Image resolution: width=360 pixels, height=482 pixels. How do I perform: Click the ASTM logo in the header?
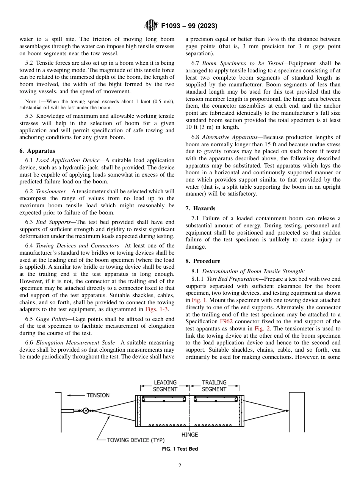(151, 26)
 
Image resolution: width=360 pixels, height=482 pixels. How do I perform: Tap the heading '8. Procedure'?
(203, 261)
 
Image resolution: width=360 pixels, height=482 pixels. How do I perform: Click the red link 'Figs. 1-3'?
(157, 309)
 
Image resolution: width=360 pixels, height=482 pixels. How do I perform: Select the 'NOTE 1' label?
(30, 101)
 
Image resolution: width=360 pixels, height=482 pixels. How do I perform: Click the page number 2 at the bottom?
(180, 466)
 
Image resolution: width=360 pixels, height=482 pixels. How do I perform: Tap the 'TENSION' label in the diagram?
(98, 395)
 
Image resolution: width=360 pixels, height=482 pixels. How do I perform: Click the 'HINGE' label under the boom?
(189, 435)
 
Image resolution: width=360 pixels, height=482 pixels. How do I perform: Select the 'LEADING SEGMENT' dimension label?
(165, 386)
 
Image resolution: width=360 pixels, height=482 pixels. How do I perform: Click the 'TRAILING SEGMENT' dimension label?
(214, 386)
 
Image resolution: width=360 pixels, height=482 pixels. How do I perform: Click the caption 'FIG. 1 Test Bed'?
(180, 449)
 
